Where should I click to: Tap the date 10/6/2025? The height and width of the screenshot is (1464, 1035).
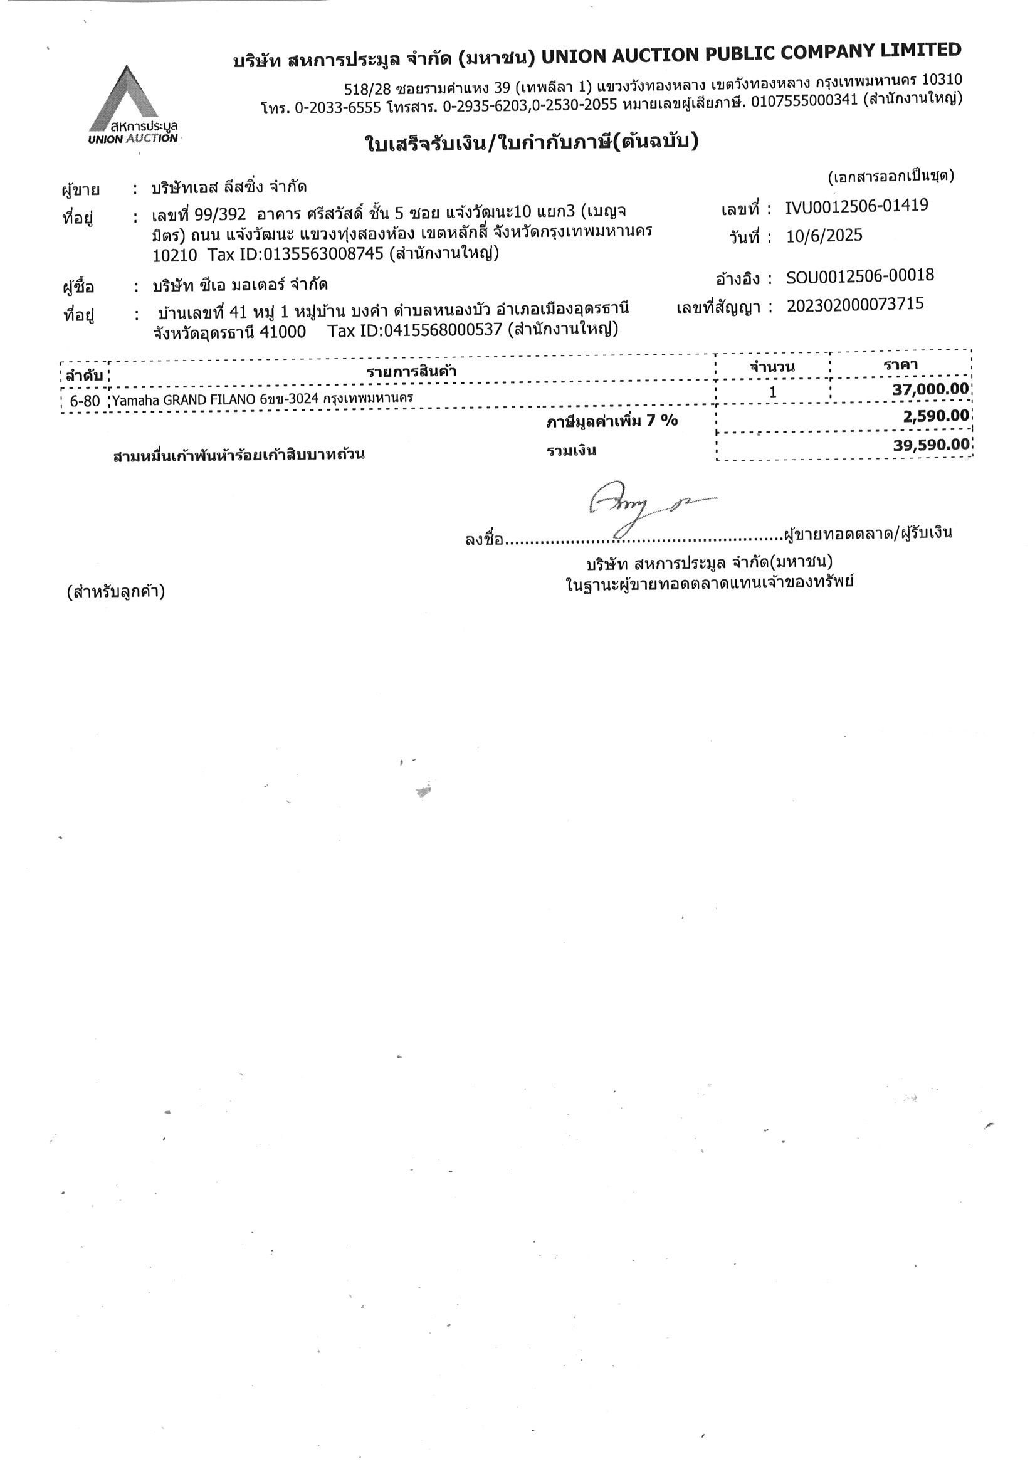pos(823,236)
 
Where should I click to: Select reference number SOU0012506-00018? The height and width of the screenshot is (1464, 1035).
pos(859,276)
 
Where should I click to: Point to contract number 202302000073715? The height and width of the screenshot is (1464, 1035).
pos(854,305)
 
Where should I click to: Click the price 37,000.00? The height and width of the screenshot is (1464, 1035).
pos(930,389)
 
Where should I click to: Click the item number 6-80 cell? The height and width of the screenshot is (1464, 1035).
pos(85,401)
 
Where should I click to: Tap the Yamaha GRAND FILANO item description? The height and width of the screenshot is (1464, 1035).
pos(262,400)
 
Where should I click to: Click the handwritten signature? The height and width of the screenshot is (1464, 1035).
pos(644,507)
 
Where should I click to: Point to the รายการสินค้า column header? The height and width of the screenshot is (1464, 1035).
pos(411,371)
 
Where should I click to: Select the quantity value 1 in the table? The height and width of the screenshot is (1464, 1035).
pos(772,391)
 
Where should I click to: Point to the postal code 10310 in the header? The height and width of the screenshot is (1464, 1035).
pos(942,80)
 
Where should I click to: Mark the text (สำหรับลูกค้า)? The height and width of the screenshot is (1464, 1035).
pos(115,592)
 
